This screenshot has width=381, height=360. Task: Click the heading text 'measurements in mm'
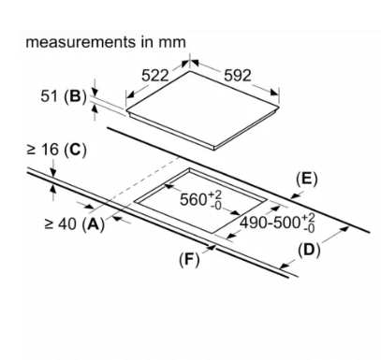click(106, 42)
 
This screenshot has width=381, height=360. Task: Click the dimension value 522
click(155, 76)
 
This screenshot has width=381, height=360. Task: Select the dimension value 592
click(238, 76)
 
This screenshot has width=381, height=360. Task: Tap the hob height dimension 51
click(49, 96)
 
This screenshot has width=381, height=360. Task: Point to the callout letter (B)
click(75, 96)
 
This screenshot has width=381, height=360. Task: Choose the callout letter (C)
click(75, 151)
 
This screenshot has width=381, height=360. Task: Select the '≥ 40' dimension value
click(61, 223)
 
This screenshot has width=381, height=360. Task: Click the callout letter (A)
click(94, 224)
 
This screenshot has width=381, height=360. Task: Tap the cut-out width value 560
click(194, 199)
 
